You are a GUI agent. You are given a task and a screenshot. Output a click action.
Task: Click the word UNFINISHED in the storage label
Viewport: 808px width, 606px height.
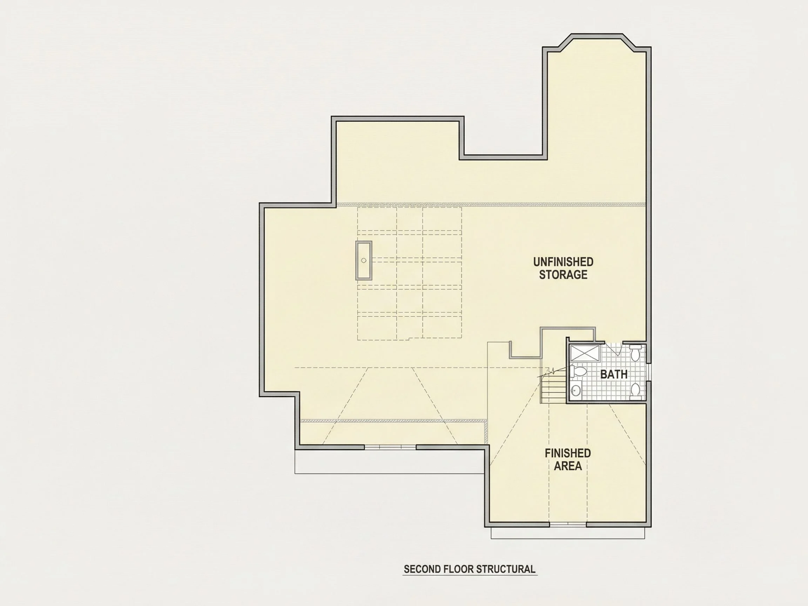(x=563, y=262)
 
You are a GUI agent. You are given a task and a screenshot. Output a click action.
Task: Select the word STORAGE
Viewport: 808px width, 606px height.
(x=563, y=275)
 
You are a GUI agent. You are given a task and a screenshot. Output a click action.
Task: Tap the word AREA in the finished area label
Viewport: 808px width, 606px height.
(x=568, y=466)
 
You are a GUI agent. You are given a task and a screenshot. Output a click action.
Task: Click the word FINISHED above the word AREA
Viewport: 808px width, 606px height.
(x=568, y=453)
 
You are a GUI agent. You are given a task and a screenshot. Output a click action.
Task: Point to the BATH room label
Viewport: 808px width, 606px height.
(x=614, y=375)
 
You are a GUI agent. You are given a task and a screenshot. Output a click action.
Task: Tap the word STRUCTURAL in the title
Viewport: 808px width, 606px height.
(x=506, y=569)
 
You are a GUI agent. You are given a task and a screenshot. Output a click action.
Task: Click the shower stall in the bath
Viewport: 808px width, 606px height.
(x=585, y=353)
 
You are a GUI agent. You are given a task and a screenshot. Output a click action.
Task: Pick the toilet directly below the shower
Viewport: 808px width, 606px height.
(x=579, y=372)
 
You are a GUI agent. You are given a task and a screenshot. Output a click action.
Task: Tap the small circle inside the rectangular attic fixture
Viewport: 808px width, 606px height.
(x=364, y=261)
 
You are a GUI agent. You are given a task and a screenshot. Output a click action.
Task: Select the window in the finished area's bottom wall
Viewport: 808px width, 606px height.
(x=568, y=525)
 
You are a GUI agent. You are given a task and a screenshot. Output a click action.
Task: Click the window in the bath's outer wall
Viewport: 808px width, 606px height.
(x=649, y=372)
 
